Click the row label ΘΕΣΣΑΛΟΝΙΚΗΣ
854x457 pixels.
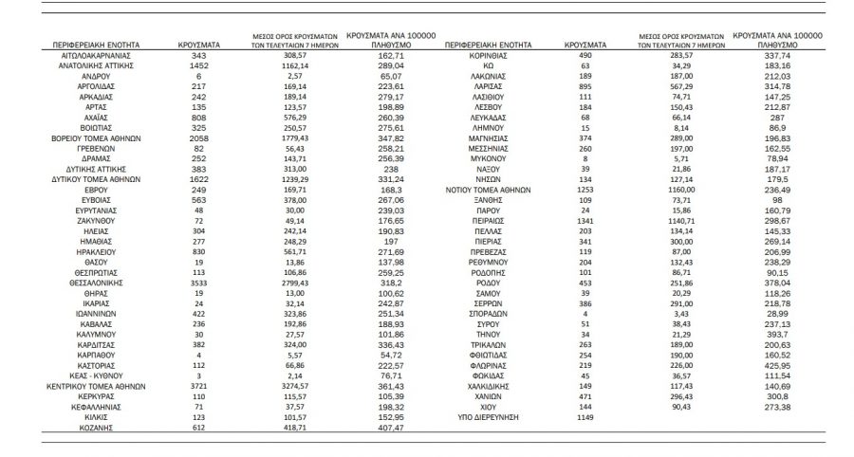coord(92,283)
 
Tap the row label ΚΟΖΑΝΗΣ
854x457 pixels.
coord(92,428)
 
